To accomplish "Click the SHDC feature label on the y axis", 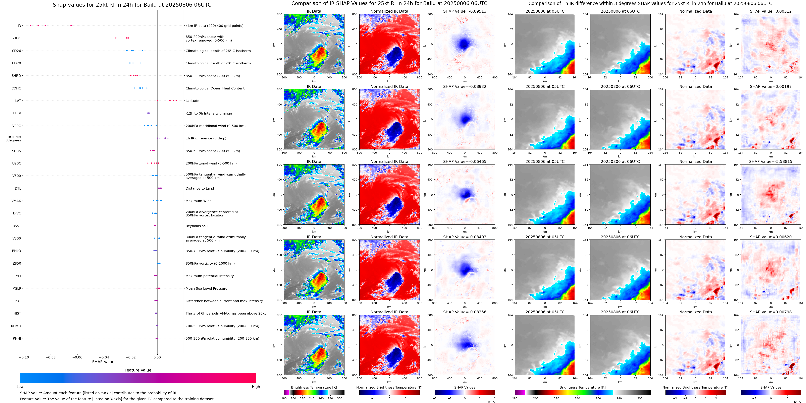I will (x=16, y=38).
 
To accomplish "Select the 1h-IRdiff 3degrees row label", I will (x=13, y=138).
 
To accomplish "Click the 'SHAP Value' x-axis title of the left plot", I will (x=103, y=362).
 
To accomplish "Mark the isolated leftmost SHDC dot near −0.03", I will (x=116, y=38).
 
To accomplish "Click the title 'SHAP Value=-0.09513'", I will (x=465, y=11).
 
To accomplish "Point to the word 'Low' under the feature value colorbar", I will (x=20, y=387).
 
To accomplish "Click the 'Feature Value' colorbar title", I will (x=138, y=370).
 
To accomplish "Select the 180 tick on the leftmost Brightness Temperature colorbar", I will (x=284, y=398).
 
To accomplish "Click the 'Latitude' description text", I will (x=193, y=101).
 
